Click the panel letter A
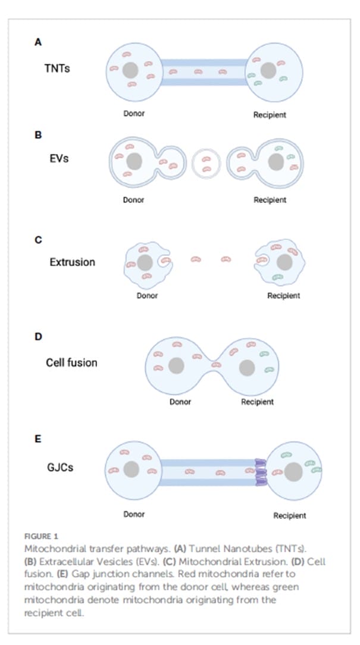coord(38,42)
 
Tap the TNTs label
coord(57,68)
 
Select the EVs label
coord(58,159)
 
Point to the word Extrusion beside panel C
coord(72,261)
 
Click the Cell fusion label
coord(71,362)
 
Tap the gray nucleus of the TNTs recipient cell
coord(268,71)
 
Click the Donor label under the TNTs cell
coord(134,114)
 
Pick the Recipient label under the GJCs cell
coord(289,515)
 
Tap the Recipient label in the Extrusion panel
coord(283,296)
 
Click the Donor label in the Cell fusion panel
coord(180,402)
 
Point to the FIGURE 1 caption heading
coord(42,536)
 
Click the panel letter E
coord(38,440)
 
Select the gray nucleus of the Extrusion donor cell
coord(145,262)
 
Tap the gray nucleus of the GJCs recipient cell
coord(293,472)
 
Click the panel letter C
coord(38,240)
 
